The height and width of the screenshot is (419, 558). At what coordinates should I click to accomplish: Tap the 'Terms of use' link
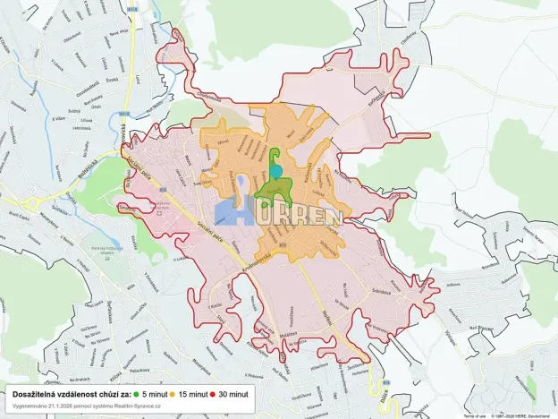(x=474, y=415)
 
